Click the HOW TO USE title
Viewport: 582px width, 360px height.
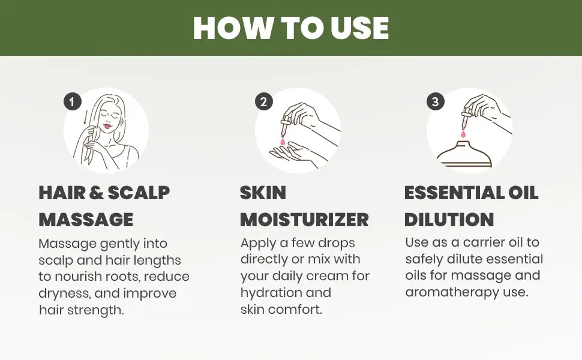coord(291,28)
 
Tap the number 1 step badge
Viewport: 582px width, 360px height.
coord(72,102)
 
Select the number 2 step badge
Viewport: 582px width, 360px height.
coord(263,101)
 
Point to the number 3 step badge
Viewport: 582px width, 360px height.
coord(435,101)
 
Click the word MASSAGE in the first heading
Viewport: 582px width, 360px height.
coord(86,219)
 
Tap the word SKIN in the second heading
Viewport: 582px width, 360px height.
coord(263,193)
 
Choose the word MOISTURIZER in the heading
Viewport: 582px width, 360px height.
coord(304,219)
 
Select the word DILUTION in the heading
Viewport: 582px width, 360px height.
coord(449,219)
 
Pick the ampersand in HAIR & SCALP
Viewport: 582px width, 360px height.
coord(97,193)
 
